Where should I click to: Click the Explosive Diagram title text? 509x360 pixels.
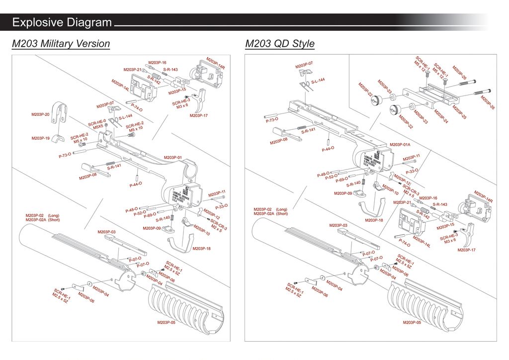(x=62, y=22)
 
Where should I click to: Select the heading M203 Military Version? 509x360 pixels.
(x=61, y=44)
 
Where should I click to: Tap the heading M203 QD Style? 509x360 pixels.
(x=280, y=44)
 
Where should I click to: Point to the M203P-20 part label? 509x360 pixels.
(x=40, y=114)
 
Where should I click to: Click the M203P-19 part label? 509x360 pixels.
(x=40, y=138)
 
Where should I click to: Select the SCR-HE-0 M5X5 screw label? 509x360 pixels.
(x=97, y=124)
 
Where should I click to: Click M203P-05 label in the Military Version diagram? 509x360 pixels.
(x=167, y=323)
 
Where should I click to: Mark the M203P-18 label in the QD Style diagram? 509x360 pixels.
(x=374, y=220)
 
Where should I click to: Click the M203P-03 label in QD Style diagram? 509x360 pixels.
(x=352, y=225)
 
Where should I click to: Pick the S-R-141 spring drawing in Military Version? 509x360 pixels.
(x=110, y=164)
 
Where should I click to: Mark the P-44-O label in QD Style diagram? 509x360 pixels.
(x=328, y=149)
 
